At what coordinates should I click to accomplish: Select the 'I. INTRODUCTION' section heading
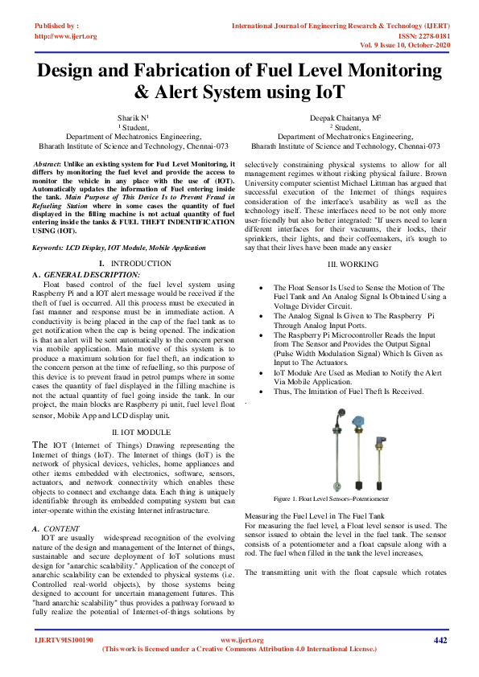(x=134, y=264)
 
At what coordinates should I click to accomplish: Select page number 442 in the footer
(x=440, y=640)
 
